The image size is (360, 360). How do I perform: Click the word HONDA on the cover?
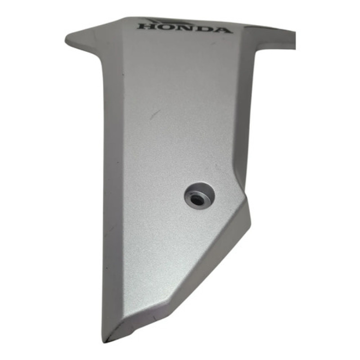coord(184,28)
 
